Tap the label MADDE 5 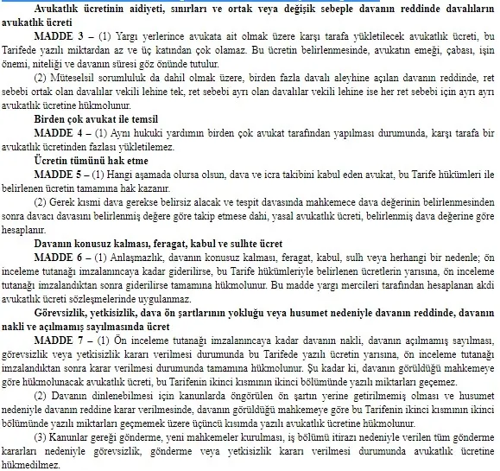60,175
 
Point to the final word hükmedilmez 31,463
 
